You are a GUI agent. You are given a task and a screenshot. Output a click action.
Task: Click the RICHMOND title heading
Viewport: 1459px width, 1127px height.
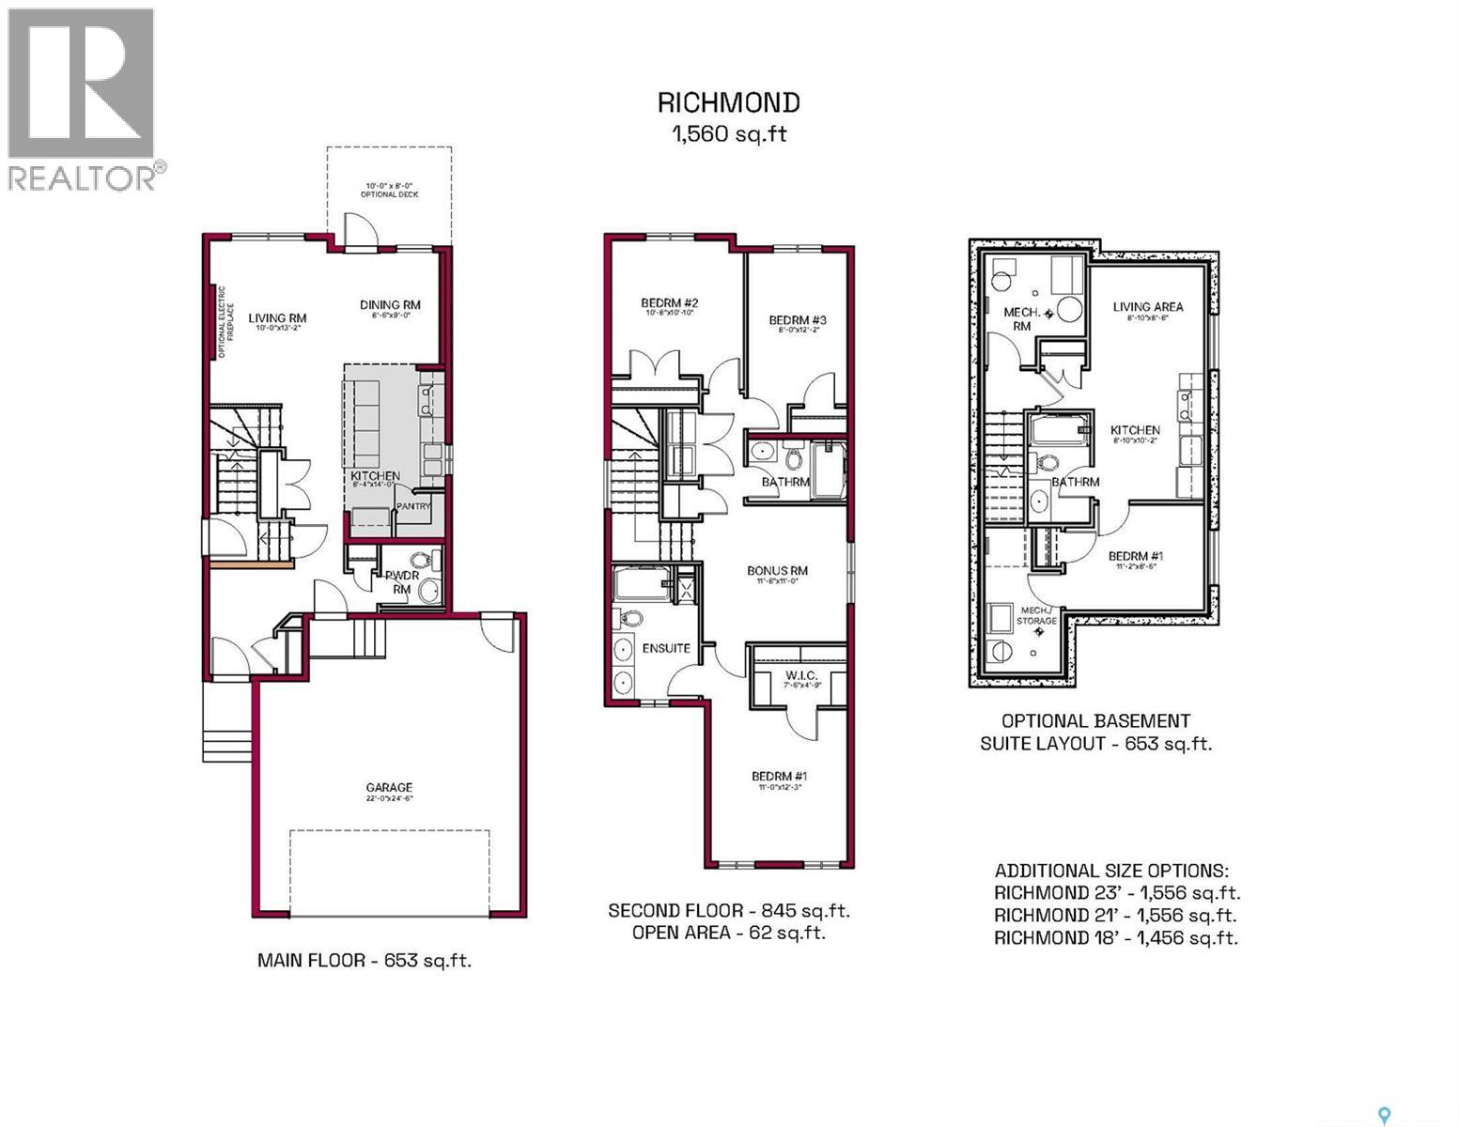point(728,102)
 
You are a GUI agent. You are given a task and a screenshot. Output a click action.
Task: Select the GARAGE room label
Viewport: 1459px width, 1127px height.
point(389,788)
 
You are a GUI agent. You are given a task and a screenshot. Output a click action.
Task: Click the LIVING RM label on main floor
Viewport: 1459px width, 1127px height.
point(277,318)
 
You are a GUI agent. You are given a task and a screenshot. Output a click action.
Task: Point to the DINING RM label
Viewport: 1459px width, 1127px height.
point(390,305)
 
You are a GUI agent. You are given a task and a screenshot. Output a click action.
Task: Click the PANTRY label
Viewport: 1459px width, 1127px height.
point(413,506)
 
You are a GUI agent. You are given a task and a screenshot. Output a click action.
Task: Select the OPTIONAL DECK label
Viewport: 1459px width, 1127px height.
point(389,194)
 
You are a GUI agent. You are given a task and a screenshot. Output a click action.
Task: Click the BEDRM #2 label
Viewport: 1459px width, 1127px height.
point(669,303)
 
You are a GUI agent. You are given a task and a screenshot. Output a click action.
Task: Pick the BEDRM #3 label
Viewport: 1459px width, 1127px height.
point(797,319)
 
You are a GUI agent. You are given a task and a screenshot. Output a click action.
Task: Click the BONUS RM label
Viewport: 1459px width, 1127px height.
point(777,571)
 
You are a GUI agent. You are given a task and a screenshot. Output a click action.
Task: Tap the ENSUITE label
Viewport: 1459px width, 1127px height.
point(666,648)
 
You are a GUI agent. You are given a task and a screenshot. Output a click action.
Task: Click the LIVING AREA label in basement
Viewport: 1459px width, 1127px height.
point(1148,307)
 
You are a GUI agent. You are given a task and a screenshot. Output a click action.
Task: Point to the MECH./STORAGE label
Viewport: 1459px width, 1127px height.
point(1037,616)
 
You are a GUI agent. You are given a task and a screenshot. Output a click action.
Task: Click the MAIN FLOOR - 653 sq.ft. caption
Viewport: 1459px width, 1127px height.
point(365,961)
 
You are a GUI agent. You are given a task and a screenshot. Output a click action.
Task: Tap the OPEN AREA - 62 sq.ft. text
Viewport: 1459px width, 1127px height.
point(728,933)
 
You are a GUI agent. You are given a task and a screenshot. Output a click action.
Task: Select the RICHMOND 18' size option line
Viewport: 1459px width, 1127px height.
point(1115,937)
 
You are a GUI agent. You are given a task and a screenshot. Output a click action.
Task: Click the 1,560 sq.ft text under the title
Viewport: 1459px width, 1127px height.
point(728,134)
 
